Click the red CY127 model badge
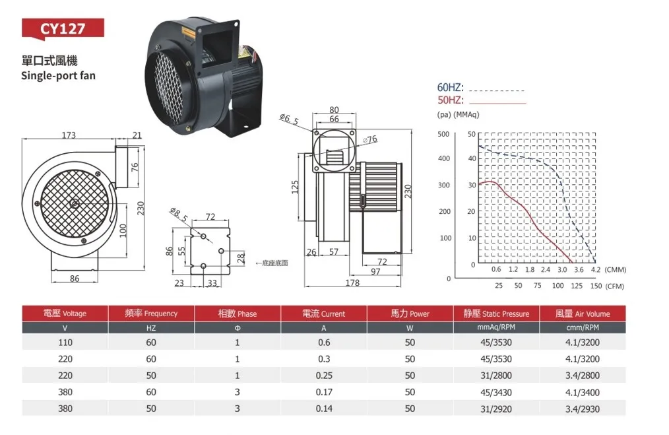63,28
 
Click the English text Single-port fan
59,75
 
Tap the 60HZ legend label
450,88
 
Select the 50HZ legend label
450,100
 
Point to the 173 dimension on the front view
69,135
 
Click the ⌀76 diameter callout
370,139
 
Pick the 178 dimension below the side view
352,283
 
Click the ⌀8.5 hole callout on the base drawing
178,215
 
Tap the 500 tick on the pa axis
444,134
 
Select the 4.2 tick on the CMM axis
596,270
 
